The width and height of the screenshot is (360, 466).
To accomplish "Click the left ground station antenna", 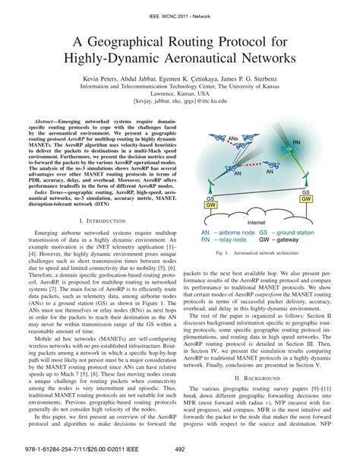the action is coord(209,183).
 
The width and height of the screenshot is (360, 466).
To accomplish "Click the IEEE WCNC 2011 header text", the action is coord(179,6).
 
